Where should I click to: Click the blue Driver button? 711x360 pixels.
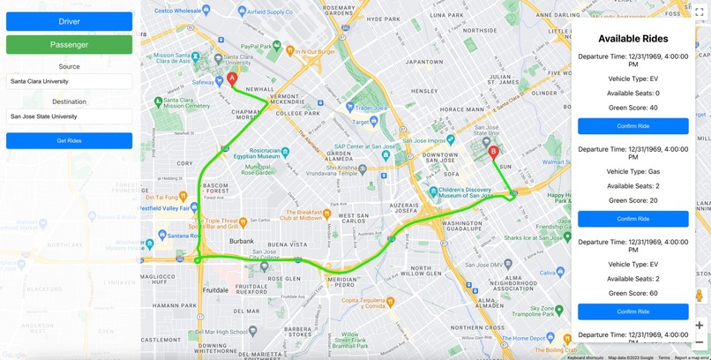click(69, 21)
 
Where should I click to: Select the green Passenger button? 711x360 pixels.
click(69, 44)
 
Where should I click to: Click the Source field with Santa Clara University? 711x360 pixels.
click(69, 81)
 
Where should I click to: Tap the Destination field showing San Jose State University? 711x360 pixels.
click(69, 116)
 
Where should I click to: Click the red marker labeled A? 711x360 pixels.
click(232, 79)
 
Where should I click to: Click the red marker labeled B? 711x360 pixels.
click(493, 152)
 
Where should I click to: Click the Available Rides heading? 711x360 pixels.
click(632, 39)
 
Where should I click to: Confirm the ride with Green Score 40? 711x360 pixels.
click(632, 126)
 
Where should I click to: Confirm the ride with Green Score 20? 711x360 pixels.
click(632, 219)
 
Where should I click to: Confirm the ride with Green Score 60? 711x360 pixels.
click(632, 311)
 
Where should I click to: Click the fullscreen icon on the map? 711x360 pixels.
click(699, 12)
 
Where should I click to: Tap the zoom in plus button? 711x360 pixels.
click(699, 325)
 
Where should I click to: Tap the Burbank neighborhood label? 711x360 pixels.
click(242, 241)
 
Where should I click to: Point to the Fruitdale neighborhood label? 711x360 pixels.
click(215, 290)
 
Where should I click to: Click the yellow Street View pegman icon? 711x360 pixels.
click(699, 296)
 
